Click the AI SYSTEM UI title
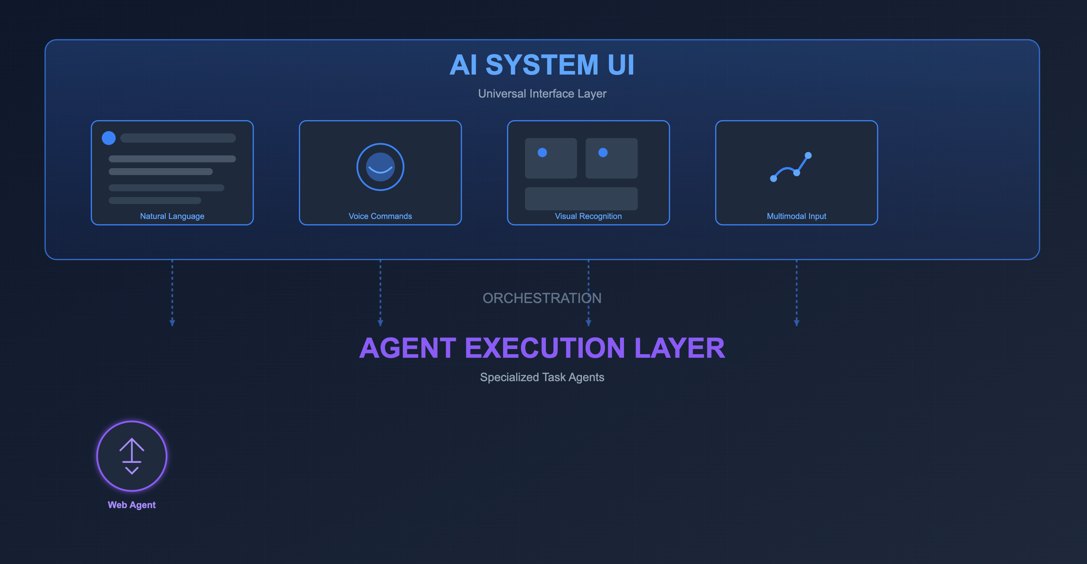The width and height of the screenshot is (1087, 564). (542, 65)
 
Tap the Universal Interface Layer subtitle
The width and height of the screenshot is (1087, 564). (542, 94)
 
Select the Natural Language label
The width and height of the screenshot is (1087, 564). (172, 216)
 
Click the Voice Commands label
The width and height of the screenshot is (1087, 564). (380, 216)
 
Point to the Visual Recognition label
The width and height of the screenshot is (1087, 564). (588, 216)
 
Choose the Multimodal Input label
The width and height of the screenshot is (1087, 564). (796, 216)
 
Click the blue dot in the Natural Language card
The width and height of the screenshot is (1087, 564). (109, 138)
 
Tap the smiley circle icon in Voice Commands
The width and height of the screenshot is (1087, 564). (380, 167)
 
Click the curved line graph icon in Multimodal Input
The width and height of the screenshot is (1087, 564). (791, 167)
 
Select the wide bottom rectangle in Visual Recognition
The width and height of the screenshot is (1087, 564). (581, 198)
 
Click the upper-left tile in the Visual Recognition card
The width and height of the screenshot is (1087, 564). (551, 158)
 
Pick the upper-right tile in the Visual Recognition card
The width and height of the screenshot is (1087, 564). (611, 158)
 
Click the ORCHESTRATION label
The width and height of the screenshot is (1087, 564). (542, 298)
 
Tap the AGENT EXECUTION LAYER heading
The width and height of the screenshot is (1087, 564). (542, 348)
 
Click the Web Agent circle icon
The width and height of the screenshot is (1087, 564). (132, 457)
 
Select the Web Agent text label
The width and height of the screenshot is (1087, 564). (132, 505)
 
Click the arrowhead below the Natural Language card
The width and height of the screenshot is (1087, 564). (172, 323)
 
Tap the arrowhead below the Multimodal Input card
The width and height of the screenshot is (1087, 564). (796, 323)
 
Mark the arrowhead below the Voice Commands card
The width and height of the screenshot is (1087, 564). (380, 323)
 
